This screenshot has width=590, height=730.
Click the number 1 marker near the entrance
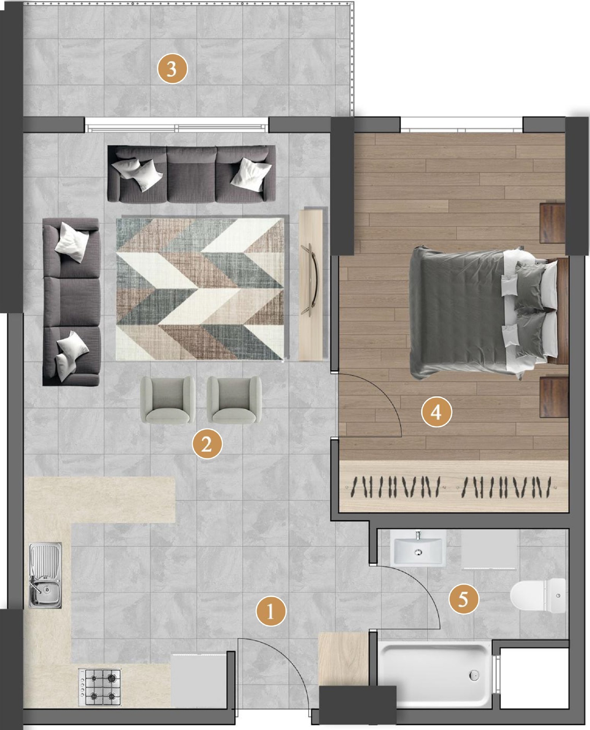(x=270, y=611)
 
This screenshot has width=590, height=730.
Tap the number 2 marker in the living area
(x=207, y=444)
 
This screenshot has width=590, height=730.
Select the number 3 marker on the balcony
(x=172, y=69)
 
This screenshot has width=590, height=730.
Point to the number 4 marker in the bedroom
(x=436, y=412)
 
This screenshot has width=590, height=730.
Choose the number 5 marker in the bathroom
(x=463, y=600)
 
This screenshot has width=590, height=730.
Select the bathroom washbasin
(x=418, y=548)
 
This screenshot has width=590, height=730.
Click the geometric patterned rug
(x=200, y=289)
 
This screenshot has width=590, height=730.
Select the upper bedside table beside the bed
(x=552, y=223)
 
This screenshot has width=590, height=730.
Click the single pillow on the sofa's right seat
(x=251, y=175)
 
